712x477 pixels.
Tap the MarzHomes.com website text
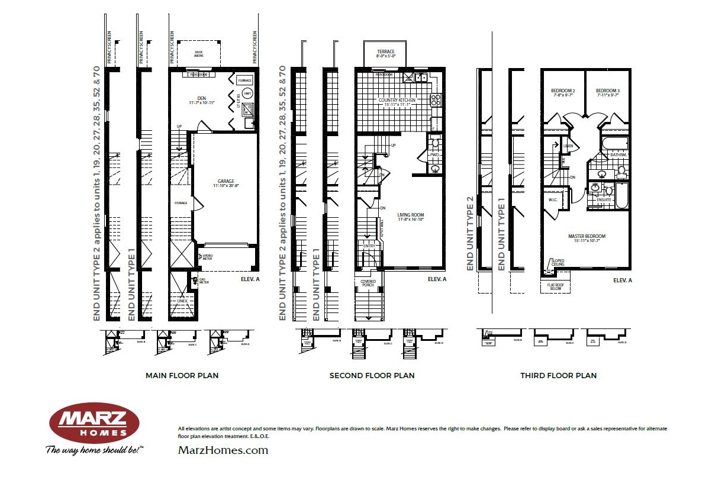coord(223,450)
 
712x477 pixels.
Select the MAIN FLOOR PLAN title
coord(182,375)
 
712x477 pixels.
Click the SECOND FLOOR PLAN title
coord(372,375)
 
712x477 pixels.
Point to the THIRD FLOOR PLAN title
coord(558,375)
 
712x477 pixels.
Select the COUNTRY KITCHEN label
coord(397,101)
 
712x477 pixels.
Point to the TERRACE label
coord(385,52)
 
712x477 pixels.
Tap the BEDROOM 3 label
coord(608,91)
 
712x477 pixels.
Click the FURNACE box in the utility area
coord(244,80)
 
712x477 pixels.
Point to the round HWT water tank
coord(247,93)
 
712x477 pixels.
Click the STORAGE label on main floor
coord(181,203)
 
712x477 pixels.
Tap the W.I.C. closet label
coord(554,199)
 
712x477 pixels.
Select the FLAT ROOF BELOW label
coord(555,287)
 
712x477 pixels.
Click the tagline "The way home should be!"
coord(95,450)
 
